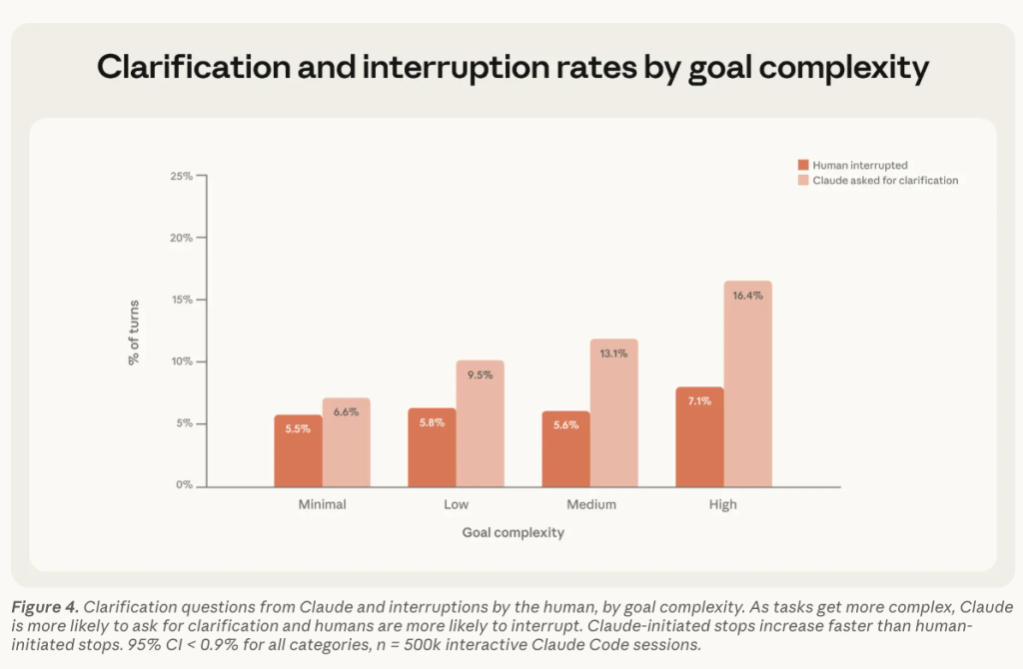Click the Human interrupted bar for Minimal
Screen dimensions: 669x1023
point(298,451)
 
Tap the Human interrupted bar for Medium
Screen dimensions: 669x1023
point(565,449)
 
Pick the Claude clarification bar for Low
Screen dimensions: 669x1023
point(480,423)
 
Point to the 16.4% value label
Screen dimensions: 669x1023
point(747,296)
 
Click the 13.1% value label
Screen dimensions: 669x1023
point(613,353)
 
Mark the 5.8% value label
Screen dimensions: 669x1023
point(432,422)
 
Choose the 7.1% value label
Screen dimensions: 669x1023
point(699,401)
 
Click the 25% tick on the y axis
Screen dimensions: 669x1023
point(180,177)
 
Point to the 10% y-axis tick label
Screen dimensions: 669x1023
point(180,361)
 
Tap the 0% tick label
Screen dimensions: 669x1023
point(183,485)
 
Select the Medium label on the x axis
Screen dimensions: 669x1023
point(589,504)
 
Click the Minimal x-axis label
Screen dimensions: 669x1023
point(322,504)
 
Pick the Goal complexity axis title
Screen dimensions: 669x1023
point(512,532)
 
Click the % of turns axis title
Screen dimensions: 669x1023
point(134,332)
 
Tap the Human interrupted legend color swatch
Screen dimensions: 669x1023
point(802,165)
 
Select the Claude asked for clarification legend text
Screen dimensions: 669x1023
point(885,181)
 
